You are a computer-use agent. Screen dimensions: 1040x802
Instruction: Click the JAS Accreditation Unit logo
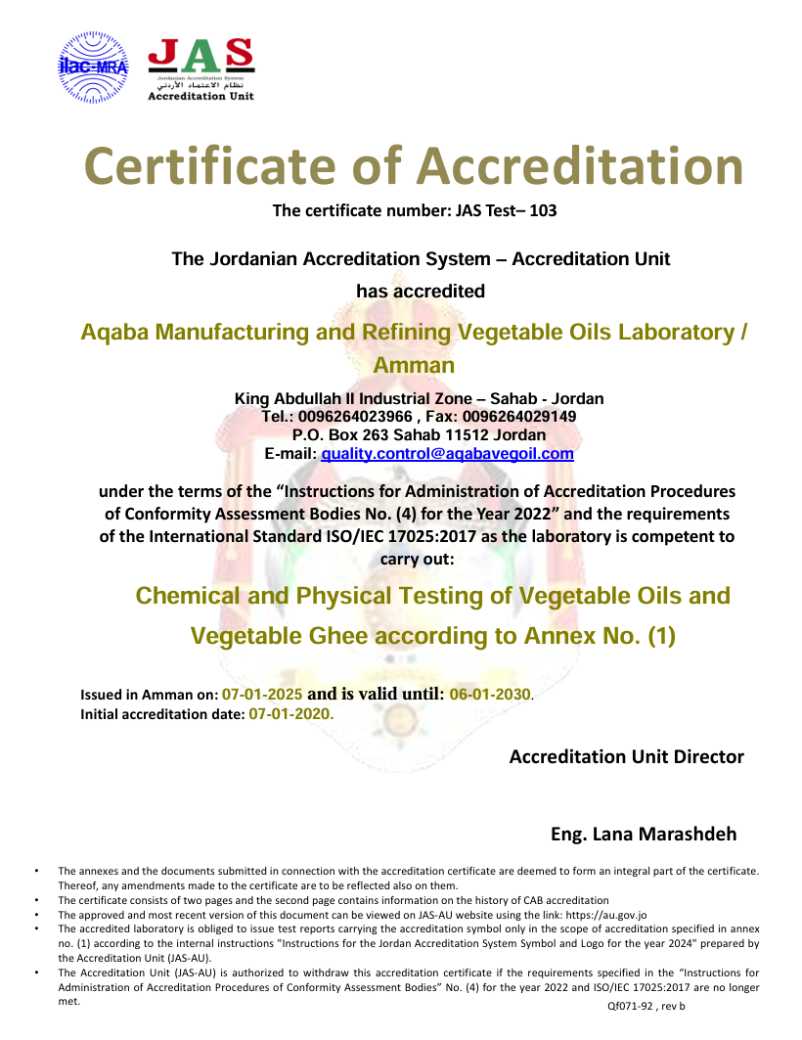(200, 69)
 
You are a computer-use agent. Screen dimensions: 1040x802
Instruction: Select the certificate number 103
(543, 209)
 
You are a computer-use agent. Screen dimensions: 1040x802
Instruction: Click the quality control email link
(447, 454)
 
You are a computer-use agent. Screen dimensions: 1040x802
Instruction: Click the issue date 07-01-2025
(262, 695)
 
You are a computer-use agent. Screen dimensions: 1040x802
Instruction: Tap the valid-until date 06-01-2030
(489, 695)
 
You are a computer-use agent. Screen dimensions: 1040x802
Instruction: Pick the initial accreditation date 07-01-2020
(291, 714)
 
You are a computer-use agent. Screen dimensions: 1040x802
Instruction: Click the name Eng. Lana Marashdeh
(644, 835)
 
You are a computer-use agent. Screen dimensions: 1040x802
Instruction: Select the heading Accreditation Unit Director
(626, 756)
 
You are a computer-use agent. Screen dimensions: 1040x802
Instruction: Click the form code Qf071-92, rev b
(646, 1006)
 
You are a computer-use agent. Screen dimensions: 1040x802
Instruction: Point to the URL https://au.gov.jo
(606, 915)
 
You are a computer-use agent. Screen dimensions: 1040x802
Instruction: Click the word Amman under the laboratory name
(415, 366)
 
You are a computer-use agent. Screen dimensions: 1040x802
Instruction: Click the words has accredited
(421, 291)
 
